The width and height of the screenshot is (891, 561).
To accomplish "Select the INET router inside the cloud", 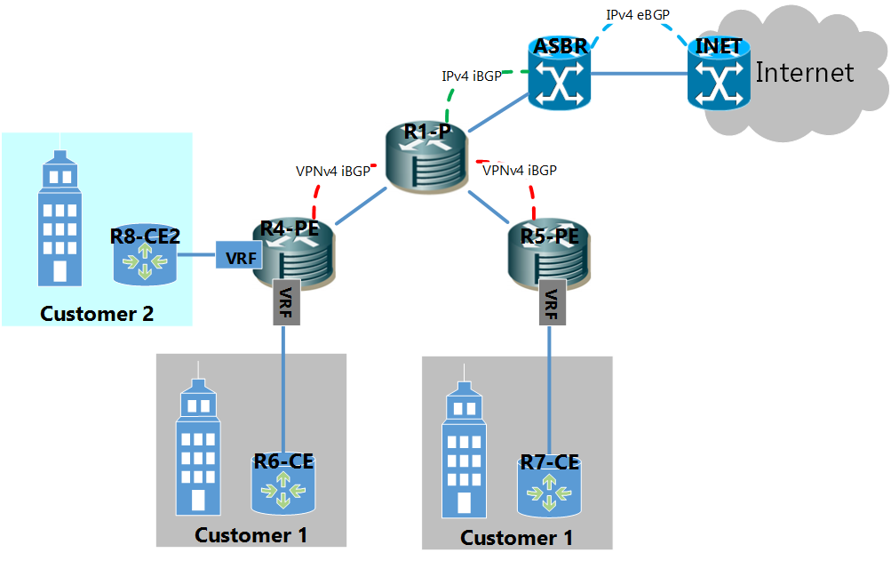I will point(718,75).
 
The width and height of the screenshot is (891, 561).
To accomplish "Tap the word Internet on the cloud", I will point(804,72).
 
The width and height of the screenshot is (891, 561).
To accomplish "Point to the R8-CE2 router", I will point(144,256).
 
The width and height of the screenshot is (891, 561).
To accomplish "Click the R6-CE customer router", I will point(283,485).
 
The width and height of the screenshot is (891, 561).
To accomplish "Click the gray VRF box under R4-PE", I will point(284,305).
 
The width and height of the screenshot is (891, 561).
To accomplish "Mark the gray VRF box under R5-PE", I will point(550,305).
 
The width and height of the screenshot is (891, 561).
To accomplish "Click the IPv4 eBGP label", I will point(638,15).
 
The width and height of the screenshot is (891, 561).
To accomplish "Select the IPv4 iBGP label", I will point(472,76).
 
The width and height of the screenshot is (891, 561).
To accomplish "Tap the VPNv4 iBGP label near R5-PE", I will point(520,170).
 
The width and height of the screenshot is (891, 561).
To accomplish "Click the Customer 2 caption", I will point(97,314).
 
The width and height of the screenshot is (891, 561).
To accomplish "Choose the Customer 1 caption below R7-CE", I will point(516,538).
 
